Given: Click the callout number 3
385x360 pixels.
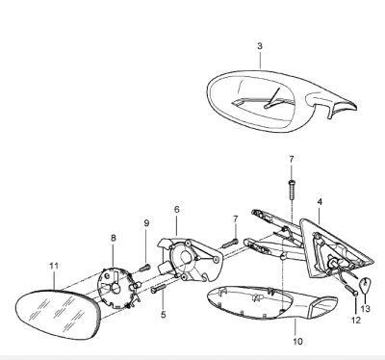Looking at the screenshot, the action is [x=260, y=46].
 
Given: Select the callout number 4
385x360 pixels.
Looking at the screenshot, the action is [x=320, y=202].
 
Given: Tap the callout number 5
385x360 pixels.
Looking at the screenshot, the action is [x=164, y=315].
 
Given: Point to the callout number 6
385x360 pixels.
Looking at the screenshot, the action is [x=177, y=210].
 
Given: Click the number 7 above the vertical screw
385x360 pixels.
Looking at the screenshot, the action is [x=291, y=160].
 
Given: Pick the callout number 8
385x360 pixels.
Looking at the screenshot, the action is [x=114, y=238].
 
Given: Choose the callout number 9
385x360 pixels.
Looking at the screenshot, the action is [x=146, y=223].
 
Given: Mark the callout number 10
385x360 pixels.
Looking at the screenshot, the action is [x=297, y=342].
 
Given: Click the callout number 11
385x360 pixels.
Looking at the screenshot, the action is [x=54, y=266].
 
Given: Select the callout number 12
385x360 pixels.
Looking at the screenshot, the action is [x=356, y=320].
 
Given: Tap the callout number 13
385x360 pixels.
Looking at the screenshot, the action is [x=366, y=309].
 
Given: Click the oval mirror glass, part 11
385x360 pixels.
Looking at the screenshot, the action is [x=59, y=314].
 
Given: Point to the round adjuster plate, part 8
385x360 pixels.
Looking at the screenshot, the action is [x=117, y=288].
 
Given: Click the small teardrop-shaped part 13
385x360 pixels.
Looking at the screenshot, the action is [x=364, y=286].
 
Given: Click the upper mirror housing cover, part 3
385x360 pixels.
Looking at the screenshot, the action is [x=279, y=100].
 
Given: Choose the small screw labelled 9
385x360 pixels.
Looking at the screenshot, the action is [x=145, y=268].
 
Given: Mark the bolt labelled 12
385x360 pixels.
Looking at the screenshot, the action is [x=351, y=290].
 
